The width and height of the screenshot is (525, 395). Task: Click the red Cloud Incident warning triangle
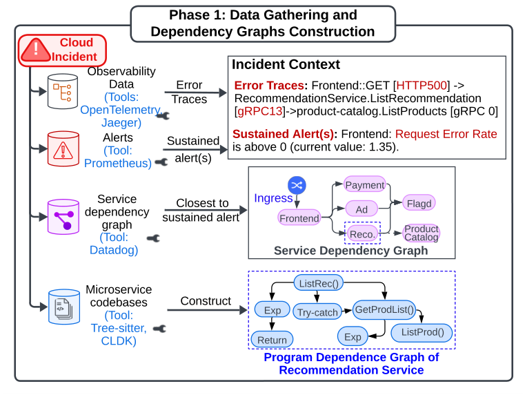pos(35,50)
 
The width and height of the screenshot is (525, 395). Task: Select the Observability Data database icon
pos(63,90)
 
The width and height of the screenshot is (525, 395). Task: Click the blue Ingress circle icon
pos(297,185)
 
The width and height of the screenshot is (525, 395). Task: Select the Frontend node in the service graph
pos(299,218)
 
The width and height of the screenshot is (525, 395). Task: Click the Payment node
pos(365,185)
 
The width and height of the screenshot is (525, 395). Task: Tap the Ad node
pos(362,209)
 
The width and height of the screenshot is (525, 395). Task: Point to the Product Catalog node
pos(421,233)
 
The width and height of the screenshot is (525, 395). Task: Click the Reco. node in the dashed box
pos(362,234)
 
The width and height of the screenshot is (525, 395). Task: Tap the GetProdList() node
pos(384,309)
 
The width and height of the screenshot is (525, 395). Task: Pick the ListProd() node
pos(422,332)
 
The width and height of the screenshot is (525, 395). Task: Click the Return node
pos(272,340)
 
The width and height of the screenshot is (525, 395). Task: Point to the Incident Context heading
pos(286,65)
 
